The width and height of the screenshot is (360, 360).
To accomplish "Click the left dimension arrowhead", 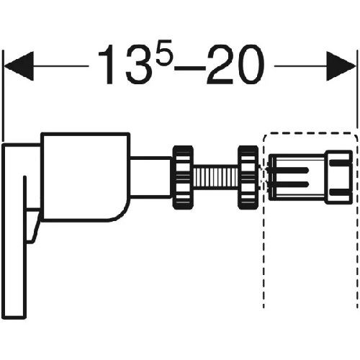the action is [19, 66].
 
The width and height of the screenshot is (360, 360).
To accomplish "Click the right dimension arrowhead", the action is [341, 66].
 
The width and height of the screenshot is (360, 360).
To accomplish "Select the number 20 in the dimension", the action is [236, 65].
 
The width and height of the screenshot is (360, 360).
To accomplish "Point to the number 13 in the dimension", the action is [127, 65].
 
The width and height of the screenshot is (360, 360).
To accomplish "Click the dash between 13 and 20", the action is [190, 68].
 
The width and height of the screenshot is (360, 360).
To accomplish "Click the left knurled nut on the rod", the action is [183, 177].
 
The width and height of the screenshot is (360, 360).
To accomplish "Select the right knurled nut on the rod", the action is [248, 177].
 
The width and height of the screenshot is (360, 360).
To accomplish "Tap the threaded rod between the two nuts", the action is [215, 177].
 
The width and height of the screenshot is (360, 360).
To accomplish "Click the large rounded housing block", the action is [86, 177].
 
